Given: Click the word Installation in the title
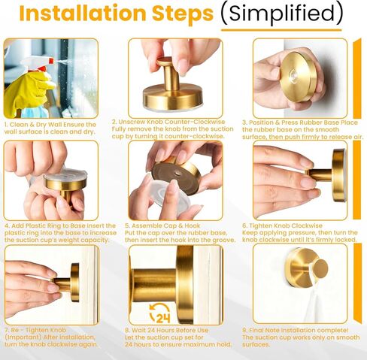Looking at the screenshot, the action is click(x=83, y=13).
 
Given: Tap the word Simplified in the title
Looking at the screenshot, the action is click(x=282, y=13).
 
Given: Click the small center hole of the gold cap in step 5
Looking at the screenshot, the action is click(x=177, y=173).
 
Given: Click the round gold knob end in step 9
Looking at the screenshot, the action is click(x=320, y=268).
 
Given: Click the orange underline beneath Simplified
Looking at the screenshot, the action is click(x=281, y=30).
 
